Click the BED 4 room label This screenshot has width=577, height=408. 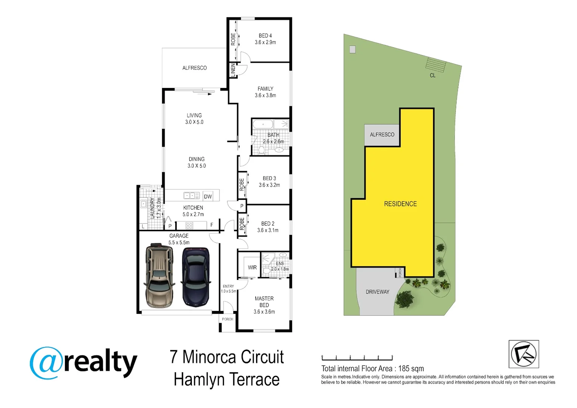(265, 36)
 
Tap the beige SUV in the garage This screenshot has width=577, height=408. (159, 275)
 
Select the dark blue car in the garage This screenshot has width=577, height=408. (196, 277)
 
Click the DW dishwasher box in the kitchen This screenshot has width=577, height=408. (208, 197)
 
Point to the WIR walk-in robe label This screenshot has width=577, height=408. (252, 267)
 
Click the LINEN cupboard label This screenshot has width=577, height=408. (233, 70)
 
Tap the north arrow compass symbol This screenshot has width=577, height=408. (524, 354)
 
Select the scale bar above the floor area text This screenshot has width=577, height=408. (357, 358)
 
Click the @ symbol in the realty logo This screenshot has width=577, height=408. (46, 363)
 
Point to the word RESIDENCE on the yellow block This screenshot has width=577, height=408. (400, 204)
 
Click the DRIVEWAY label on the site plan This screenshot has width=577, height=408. (377, 292)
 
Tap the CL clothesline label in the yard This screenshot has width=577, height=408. (432, 75)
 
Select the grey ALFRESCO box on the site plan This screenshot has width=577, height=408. (382, 135)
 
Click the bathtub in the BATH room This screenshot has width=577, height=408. (263, 124)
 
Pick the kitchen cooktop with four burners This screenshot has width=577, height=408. (189, 226)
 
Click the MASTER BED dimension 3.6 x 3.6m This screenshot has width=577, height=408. (264, 312)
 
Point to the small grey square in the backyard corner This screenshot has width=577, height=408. (352, 49)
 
